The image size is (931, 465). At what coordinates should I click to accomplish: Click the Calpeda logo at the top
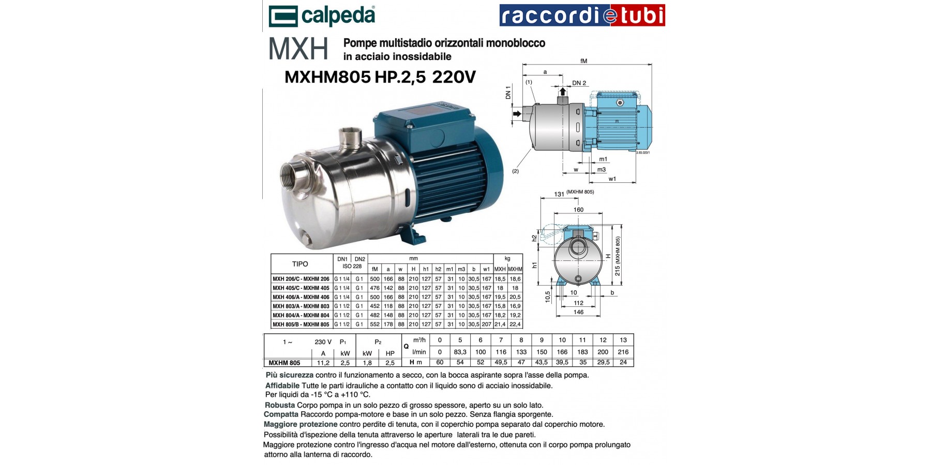322,16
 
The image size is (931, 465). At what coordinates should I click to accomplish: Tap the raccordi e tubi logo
582,16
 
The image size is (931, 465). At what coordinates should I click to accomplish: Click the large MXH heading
298,49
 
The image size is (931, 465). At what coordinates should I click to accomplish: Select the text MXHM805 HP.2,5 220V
380,78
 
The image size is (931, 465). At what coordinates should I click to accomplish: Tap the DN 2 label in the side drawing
579,83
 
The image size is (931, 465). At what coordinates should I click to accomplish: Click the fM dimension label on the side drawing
584,61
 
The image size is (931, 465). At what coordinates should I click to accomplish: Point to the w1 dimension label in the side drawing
612,179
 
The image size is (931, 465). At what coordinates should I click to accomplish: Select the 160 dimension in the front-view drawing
578,210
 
